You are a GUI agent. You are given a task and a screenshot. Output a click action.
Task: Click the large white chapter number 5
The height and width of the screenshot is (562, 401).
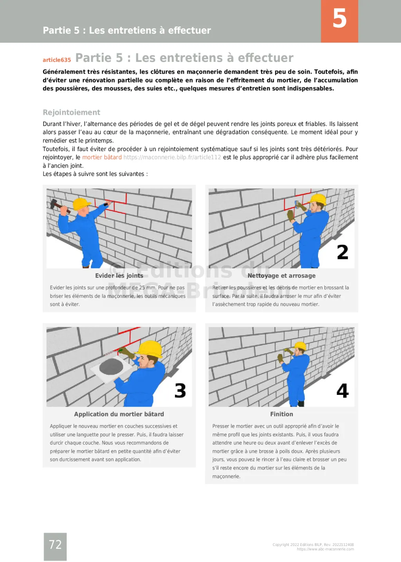pos(340,18)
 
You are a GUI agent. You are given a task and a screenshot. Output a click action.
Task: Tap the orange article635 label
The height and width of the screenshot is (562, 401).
pos(57,60)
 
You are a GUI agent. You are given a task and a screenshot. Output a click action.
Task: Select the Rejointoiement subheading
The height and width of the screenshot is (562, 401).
pos(71,112)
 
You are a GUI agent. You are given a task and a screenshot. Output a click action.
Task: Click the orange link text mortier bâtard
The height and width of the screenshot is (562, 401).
pos(102,157)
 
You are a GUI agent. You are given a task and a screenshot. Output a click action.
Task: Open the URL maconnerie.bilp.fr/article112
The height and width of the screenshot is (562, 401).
pos(172,157)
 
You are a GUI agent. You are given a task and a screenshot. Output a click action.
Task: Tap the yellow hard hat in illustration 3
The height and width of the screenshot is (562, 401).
pos(151,348)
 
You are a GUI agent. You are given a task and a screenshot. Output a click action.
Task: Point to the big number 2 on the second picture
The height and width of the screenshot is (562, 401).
pos(342,252)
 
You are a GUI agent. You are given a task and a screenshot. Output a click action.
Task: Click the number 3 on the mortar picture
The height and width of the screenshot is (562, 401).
pos(180,391)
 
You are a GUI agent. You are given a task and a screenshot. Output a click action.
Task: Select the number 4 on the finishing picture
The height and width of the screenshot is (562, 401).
pos(342,391)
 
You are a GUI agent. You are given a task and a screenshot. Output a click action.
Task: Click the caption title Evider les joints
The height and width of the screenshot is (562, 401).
pos(119,276)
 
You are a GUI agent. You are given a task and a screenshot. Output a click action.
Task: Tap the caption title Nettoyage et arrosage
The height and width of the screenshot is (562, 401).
pos(281,276)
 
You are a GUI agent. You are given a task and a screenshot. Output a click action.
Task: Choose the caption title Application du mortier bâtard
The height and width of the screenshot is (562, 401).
pos(119,414)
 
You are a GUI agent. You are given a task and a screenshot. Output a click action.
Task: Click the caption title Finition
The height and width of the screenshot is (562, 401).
pos(281,414)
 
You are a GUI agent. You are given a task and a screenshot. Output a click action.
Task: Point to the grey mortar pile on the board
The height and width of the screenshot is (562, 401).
pos(111,367)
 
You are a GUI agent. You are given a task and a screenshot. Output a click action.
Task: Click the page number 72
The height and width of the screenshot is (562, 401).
pos(55,545)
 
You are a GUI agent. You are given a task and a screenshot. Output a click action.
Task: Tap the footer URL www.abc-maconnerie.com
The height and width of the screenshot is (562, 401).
pos(325,549)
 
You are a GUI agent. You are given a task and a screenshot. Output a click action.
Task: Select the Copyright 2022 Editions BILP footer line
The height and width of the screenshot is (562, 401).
pos(313,544)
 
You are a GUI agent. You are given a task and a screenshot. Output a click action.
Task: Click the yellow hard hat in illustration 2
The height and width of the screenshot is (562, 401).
pos(318,199)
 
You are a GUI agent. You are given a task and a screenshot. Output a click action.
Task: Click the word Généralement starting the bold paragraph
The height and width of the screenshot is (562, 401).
pos(64,72)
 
